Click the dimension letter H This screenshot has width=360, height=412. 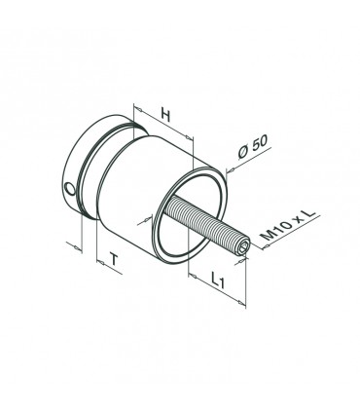(165, 116)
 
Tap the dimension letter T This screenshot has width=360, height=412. (114, 260)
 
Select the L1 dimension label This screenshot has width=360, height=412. (217, 281)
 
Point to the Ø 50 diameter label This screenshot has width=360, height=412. (253, 147)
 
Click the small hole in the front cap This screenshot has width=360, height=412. (70, 189)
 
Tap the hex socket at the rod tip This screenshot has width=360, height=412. (243, 248)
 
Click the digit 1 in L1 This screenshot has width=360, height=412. (221, 284)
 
